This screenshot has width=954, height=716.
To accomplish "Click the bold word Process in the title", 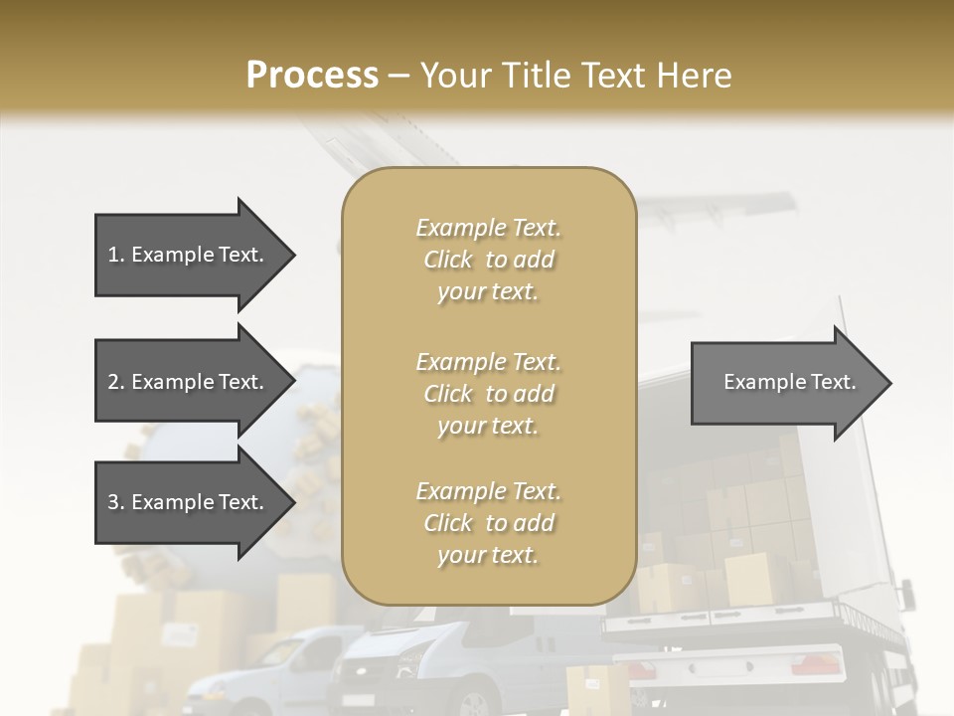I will (312, 75).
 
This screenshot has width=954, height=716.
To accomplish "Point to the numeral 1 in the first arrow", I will (113, 255).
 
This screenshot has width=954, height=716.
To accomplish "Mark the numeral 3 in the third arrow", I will (113, 502).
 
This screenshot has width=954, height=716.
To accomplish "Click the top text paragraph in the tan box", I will (488, 260).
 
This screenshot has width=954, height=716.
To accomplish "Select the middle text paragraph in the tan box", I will (488, 394).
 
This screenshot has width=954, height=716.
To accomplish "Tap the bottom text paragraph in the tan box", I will (488, 523).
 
